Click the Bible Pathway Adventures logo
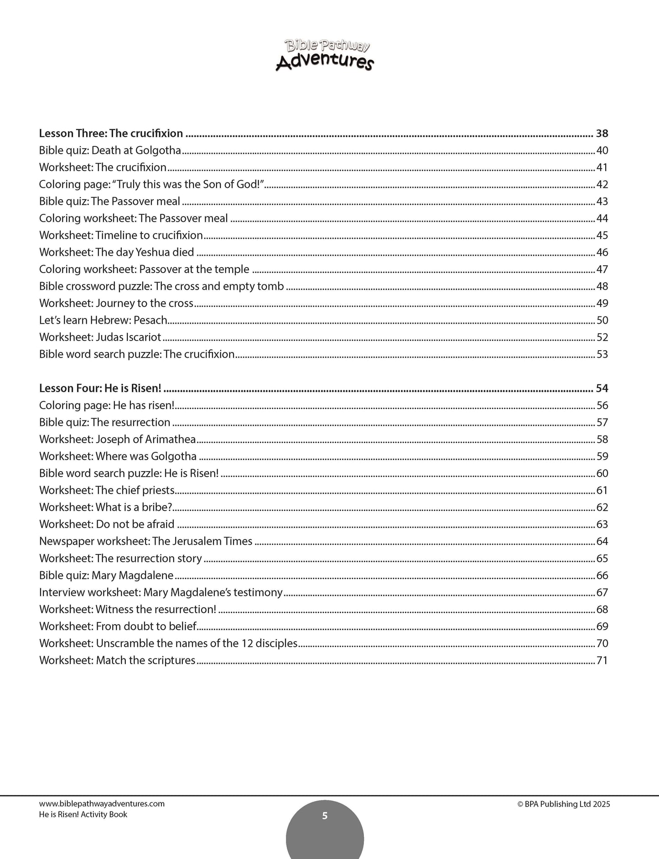pyautogui.click(x=325, y=55)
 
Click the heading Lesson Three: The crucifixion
pyautogui.click(x=111, y=134)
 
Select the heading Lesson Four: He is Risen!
pyautogui.click(x=100, y=388)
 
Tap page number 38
pyautogui.click(x=602, y=134)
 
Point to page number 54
pyautogui.click(x=602, y=388)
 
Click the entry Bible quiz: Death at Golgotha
pyautogui.click(x=110, y=150)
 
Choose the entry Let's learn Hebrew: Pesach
pyautogui.click(x=103, y=321)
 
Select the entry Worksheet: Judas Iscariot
pyautogui.click(x=100, y=337)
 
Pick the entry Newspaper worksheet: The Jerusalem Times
pyautogui.click(x=145, y=542)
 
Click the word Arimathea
pyautogui.click(x=170, y=440)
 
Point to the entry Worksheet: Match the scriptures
pyautogui.click(x=117, y=661)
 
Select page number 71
pyautogui.click(x=602, y=661)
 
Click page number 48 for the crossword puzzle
pyautogui.click(x=602, y=286)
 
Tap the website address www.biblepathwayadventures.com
pyautogui.click(x=102, y=804)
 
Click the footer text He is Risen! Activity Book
pyautogui.click(x=83, y=814)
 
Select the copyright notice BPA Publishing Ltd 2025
pyautogui.click(x=564, y=804)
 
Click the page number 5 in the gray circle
pyautogui.click(x=325, y=816)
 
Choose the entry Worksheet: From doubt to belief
pyautogui.click(x=118, y=626)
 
